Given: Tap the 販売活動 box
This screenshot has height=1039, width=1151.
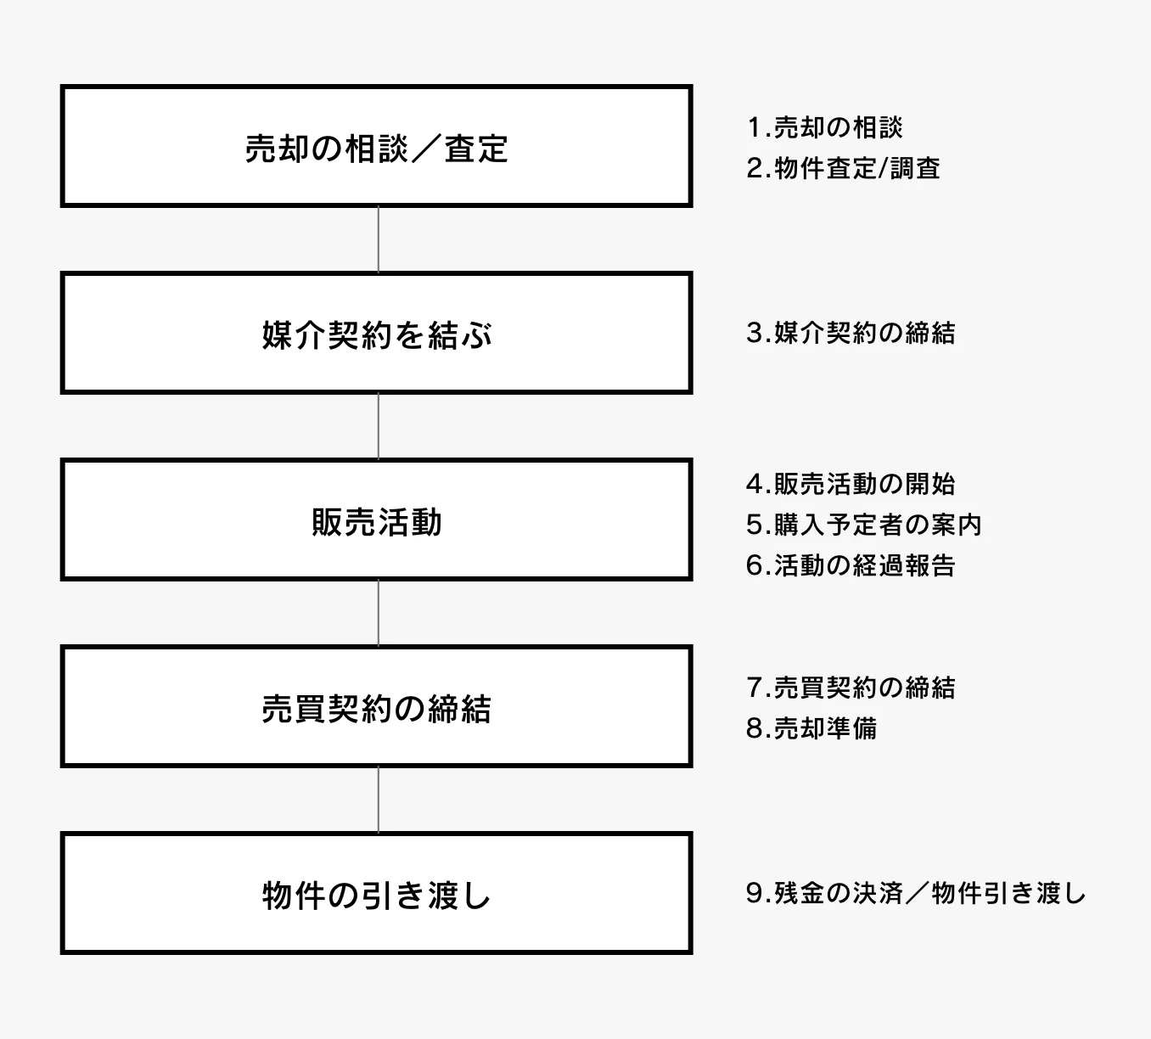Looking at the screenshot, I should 376,520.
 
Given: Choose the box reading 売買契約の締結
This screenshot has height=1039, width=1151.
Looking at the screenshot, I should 376,707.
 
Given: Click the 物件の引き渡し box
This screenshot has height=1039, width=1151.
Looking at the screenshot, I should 376,894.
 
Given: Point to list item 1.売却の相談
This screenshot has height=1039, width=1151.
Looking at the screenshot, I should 824,127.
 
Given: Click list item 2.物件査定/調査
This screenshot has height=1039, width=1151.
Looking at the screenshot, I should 843,168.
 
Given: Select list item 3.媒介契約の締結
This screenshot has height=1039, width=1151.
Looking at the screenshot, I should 851,333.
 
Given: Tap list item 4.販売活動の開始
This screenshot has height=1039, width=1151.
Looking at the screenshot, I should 851,484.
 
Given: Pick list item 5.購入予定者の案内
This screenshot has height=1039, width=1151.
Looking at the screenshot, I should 863,525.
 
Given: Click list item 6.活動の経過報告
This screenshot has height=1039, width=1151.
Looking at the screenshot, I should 851,565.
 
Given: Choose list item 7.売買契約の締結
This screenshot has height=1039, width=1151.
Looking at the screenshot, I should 851,688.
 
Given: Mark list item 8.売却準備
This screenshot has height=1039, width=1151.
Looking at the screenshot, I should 811,728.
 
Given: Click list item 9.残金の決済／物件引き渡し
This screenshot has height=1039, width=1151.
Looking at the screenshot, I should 916,893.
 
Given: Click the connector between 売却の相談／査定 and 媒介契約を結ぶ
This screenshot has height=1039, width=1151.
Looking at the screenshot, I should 379,239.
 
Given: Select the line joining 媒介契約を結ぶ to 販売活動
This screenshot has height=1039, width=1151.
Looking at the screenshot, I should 379,426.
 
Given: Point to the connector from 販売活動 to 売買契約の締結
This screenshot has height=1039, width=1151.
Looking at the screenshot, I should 379,613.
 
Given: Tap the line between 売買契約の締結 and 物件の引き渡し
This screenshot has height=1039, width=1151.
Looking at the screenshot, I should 379,800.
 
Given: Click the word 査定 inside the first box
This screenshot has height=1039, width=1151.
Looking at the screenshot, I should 476,149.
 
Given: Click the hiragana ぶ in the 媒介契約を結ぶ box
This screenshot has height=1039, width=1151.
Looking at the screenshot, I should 477,335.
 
